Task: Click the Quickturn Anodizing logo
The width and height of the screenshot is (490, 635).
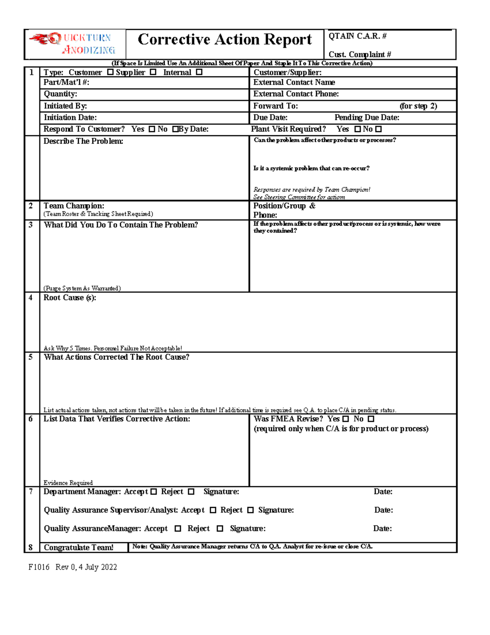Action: pos(73,44)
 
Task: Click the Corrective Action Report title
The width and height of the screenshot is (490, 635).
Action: pos(225,40)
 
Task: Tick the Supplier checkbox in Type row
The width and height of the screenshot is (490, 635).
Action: pos(153,72)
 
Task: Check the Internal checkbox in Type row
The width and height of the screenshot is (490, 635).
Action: pos(199,72)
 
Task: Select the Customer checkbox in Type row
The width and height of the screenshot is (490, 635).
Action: pos(110,72)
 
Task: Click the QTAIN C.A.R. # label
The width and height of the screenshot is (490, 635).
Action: pos(357,36)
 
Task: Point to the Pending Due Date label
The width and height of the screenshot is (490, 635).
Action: pos(367,118)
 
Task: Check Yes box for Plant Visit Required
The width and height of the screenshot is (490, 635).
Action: pos(358,129)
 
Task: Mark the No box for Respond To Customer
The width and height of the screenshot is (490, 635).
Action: pos(175,129)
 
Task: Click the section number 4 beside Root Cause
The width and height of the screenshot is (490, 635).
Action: pos(31,298)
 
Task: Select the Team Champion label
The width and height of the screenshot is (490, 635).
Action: pos(74,206)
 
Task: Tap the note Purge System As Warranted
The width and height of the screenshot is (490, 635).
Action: pos(82,288)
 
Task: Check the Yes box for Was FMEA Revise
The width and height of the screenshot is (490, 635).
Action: pos(346,419)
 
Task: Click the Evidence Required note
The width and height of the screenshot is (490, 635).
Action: pos(68,483)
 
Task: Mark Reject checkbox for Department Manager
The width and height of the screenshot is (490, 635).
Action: pos(191,492)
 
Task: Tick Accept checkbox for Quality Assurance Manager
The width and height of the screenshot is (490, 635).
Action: pos(178,529)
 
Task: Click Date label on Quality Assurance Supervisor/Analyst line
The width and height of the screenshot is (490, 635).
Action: pos(383,510)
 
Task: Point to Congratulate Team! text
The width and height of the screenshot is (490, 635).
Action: pos(78,547)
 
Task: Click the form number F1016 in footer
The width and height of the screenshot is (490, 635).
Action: pos(39,567)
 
